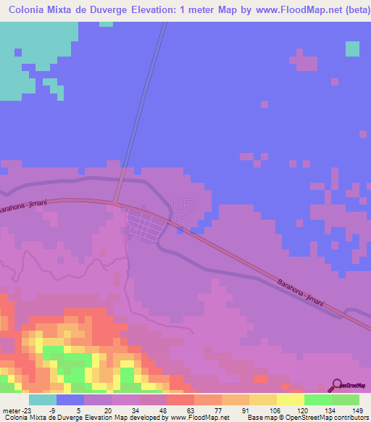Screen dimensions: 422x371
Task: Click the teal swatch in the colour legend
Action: tap(42, 400)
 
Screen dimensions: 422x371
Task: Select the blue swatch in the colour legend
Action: tap(70, 400)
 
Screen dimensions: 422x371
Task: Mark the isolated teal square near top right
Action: tap(352, 49)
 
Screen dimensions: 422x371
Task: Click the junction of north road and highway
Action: tap(117, 202)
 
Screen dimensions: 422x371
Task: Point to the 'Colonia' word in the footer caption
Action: tap(14, 418)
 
